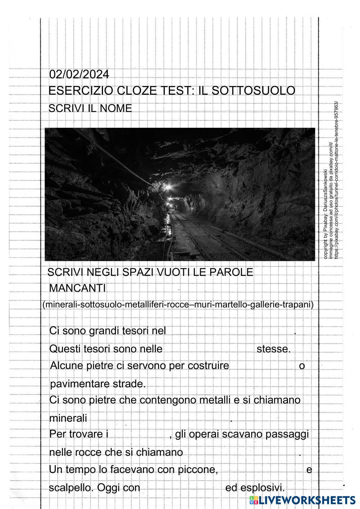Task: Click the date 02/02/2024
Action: pos(79,75)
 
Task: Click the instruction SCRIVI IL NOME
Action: pos(90,108)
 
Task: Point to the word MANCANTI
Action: pos(77,288)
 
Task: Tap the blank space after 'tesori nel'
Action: pos(230,330)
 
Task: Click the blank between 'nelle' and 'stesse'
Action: pos(210,349)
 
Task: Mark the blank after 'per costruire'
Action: pos(264,366)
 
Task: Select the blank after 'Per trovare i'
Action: pos(139,434)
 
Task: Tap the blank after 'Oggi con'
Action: pos(182,488)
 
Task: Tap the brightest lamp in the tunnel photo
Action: pos(167,187)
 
